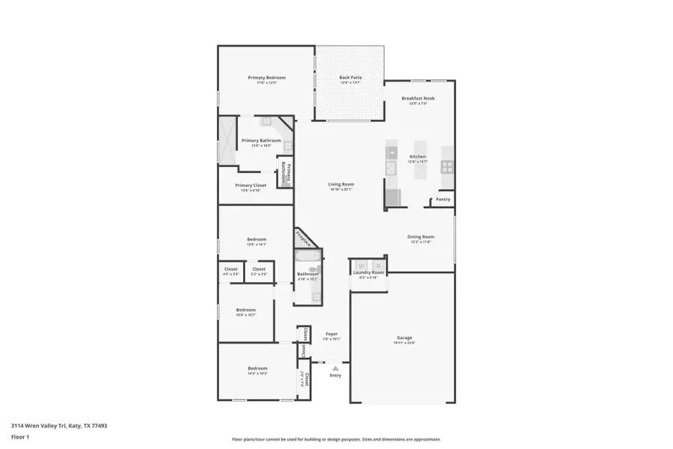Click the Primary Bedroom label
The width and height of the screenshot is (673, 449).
[267, 78]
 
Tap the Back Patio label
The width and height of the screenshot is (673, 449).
[350, 78]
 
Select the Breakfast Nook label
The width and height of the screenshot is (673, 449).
[418, 98]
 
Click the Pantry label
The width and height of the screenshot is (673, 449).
[443, 199]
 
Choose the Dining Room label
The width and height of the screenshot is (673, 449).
[421, 236]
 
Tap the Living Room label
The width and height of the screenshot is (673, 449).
[341, 184]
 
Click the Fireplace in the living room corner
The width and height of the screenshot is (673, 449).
[304, 239]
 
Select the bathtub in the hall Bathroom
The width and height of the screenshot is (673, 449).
[307, 257]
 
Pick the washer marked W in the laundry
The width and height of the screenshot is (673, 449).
[360, 265]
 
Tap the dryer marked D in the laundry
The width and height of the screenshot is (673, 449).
[378, 265]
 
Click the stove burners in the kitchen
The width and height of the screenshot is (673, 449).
[447, 166]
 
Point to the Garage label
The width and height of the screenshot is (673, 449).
[405, 337]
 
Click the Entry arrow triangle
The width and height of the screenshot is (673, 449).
[336, 368]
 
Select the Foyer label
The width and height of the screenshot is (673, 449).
[331, 334]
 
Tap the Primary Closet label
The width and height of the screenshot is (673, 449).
[251, 186]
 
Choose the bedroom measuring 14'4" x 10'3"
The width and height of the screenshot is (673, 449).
[257, 368]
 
